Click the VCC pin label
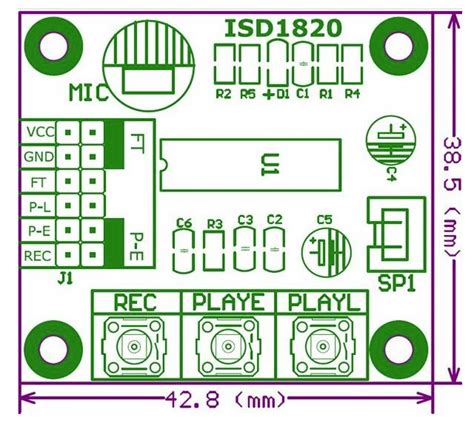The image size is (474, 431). pos(40,131)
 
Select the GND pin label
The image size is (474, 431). pos(40,156)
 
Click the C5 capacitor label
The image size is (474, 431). pos(325,220)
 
